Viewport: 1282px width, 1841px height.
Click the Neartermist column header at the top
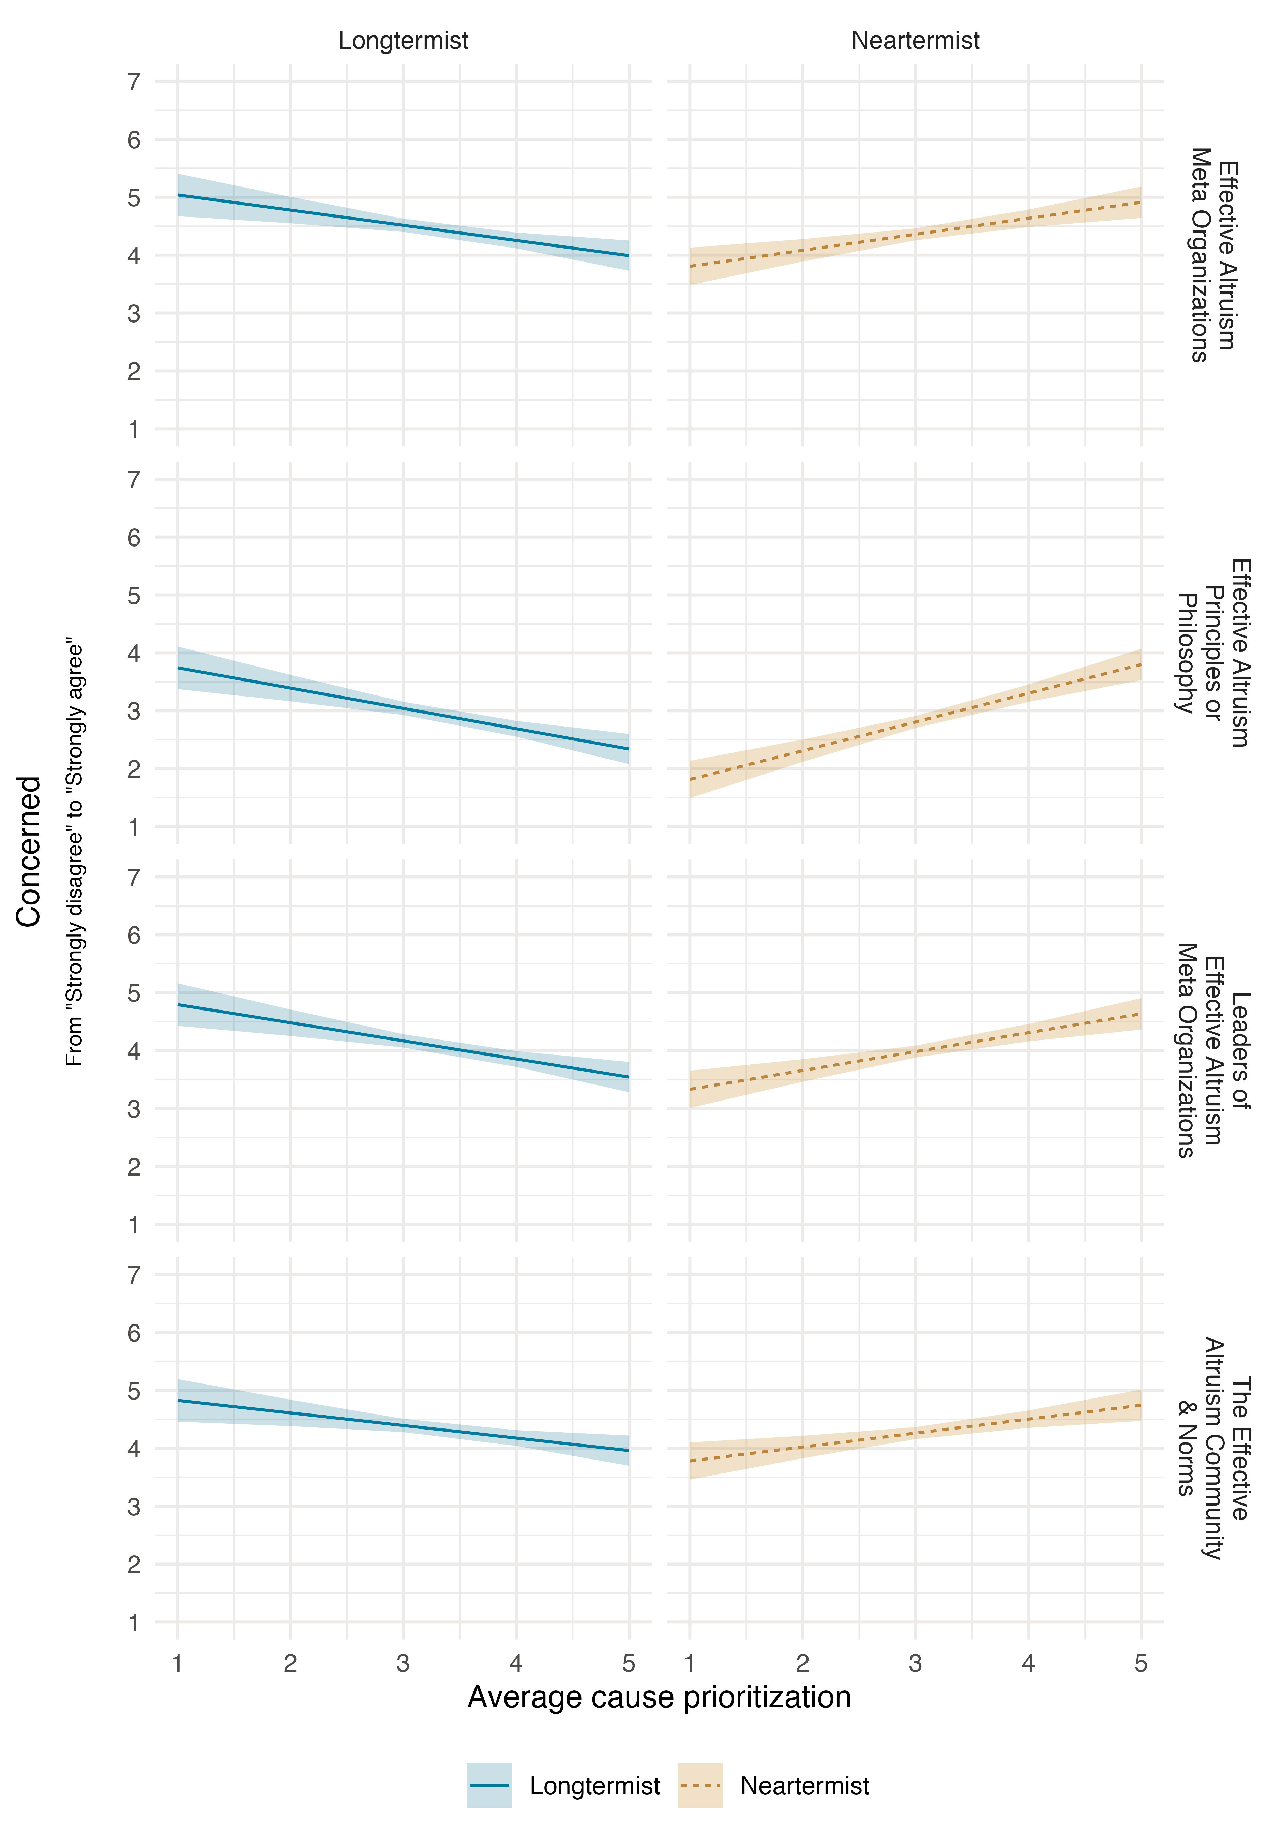(x=915, y=40)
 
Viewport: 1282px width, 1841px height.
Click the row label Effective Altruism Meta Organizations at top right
(x=1212, y=255)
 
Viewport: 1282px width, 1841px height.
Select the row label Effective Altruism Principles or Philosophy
(x=1212, y=653)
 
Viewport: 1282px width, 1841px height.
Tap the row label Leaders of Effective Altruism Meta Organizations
(x=1212, y=1050)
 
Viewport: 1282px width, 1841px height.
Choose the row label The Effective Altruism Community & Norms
(x=1212, y=1448)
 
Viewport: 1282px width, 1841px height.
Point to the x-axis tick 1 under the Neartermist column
(x=690, y=1664)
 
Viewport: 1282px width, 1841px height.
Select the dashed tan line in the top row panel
(x=915, y=234)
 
